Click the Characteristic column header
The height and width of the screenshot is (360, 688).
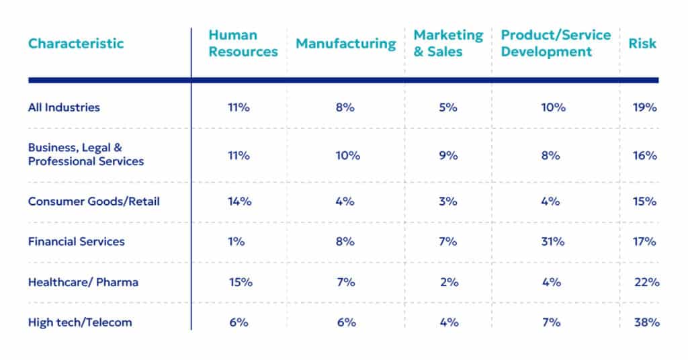[76, 44]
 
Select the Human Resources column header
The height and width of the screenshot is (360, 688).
[243, 44]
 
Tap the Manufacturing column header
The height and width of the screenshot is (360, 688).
[346, 44]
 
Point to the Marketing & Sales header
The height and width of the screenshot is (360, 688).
[448, 44]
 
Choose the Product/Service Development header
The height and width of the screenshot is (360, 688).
[556, 44]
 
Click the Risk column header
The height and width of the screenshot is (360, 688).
[642, 44]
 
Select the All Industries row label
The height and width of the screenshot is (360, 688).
[64, 107]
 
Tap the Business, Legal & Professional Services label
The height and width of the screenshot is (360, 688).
[85, 154]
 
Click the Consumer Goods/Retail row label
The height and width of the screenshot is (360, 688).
[93, 201]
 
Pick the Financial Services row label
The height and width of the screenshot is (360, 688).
[76, 242]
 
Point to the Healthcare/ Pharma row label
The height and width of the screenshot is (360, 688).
[83, 282]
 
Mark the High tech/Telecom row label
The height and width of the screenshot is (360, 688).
[80, 322]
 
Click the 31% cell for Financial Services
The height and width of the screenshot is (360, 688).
[552, 242]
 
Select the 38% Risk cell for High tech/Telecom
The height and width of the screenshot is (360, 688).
[646, 322]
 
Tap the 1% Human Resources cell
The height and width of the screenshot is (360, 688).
[236, 242]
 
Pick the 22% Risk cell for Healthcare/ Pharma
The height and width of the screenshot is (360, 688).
[646, 282]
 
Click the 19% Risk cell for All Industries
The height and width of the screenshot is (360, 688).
[644, 107]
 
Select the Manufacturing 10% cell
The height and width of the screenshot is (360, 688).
[347, 155]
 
